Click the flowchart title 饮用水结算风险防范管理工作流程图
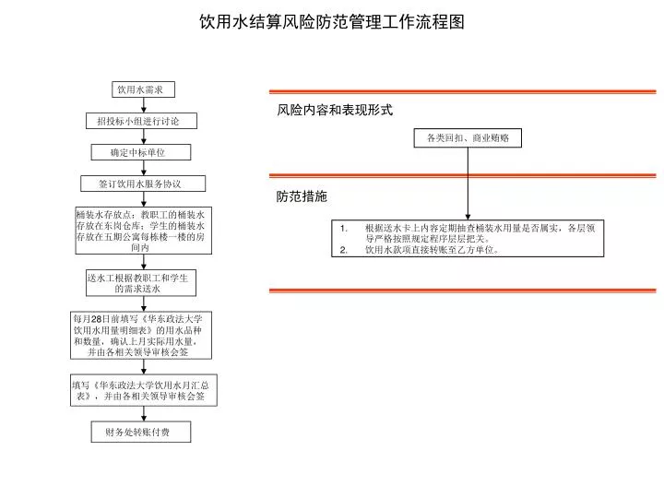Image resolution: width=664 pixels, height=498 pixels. pos(332,21)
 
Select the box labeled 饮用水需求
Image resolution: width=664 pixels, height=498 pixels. pos(143,89)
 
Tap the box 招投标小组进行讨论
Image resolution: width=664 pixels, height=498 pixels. pos(141,121)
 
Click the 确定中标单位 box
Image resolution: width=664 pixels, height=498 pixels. pos(141,152)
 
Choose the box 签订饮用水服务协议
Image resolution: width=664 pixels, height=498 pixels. pos(143,184)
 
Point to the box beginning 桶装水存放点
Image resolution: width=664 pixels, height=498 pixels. pos(144,231)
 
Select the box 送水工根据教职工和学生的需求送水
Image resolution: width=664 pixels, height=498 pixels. pos(141,283)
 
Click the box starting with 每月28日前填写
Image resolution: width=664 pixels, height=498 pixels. pos(141,336)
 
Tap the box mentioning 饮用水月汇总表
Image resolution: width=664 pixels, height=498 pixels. pos(144,390)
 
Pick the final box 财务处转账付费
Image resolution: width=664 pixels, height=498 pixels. pos(141,432)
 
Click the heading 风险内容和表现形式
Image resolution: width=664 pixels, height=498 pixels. pos(335,110)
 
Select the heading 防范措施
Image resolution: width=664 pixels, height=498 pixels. pos(302,196)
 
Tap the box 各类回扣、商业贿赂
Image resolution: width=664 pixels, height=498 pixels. pos(468,138)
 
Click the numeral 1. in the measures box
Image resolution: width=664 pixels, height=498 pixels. pos(344,229)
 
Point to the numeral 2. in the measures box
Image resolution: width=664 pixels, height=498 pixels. pos(344,250)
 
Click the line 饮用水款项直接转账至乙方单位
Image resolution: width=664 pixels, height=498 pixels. pos(432,250)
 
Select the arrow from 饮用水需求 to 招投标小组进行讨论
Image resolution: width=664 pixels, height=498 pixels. pos(144,105)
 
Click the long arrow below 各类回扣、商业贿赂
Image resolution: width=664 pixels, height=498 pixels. pos(468,184)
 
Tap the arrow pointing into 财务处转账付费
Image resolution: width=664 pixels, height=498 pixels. pos(144,414)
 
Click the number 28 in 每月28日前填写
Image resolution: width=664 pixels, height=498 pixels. pos(97,319)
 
